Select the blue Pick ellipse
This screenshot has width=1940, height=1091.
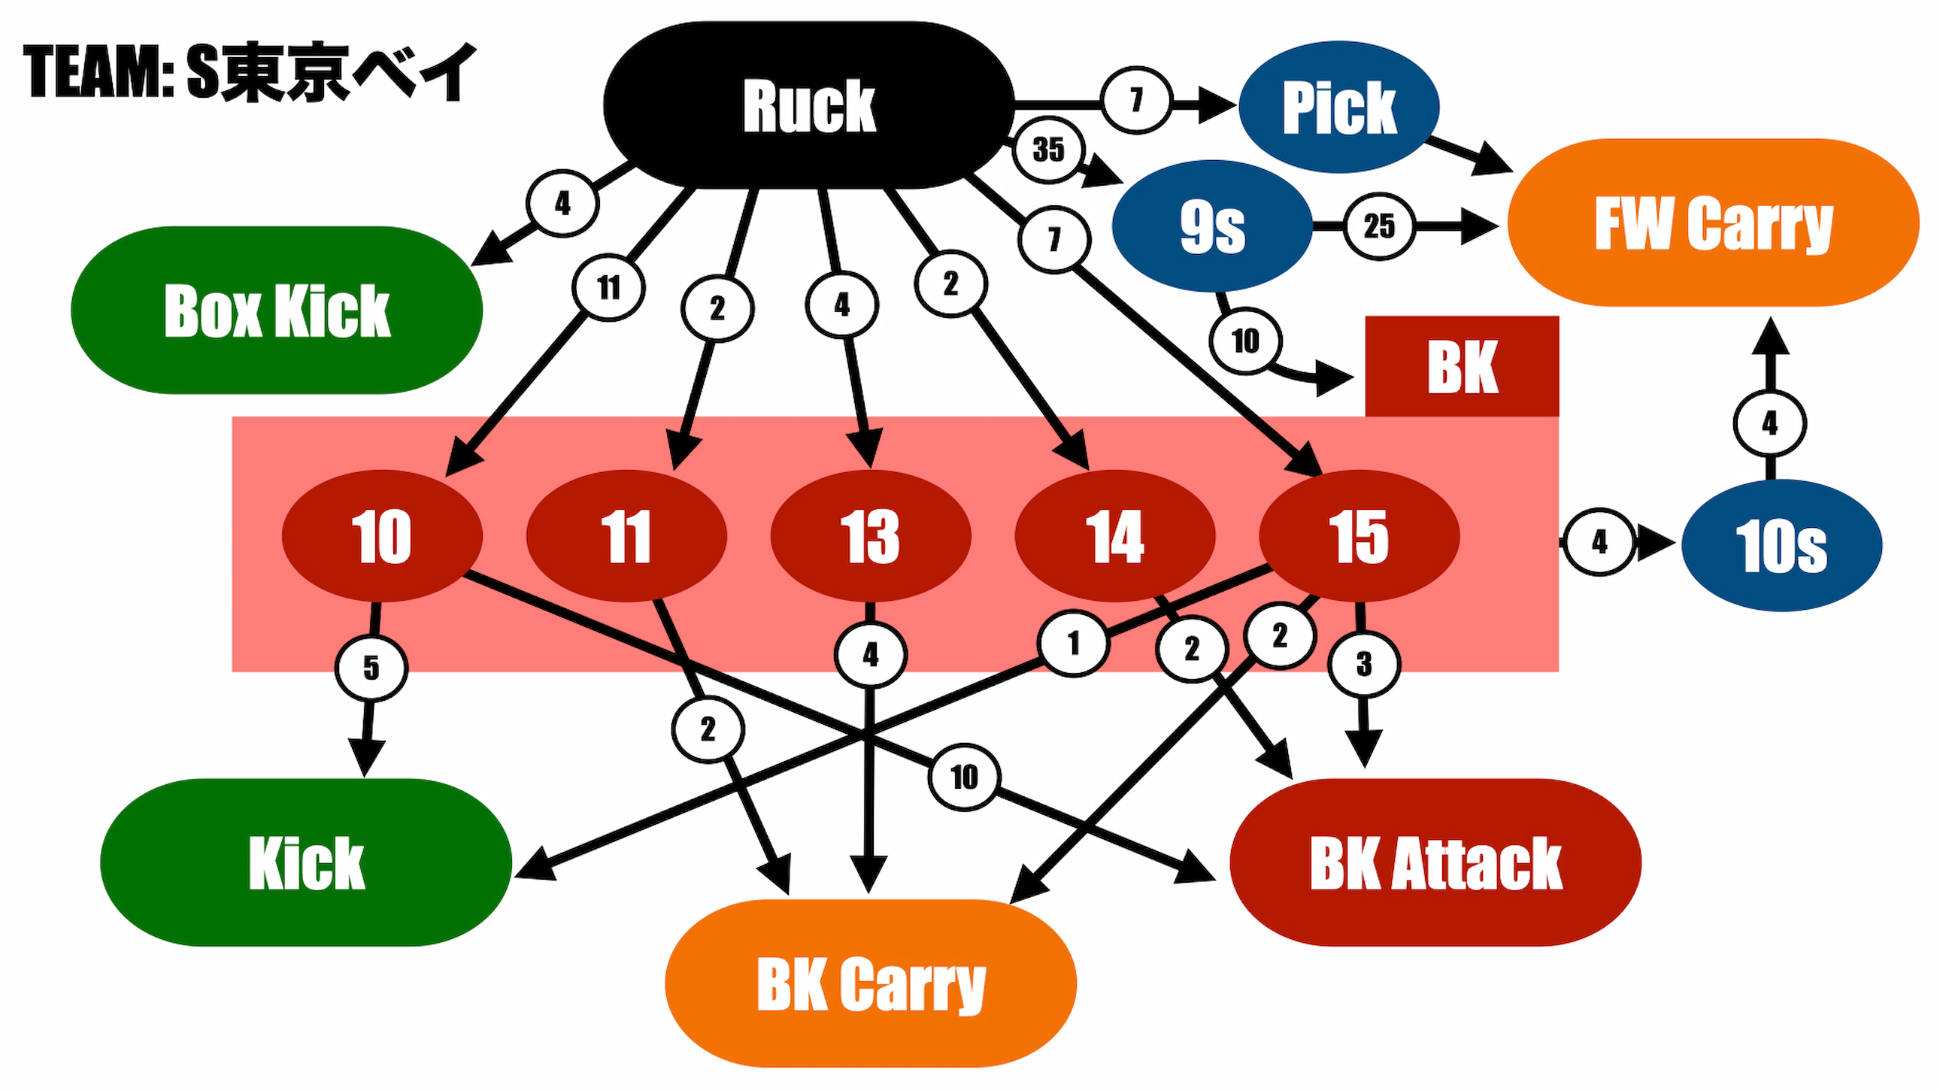(x=1338, y=107)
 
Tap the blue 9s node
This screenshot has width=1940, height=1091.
(x=1211, y=226)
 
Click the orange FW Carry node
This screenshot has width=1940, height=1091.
(x=1713, y=223)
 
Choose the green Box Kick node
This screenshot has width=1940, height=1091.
(x=277, y=311)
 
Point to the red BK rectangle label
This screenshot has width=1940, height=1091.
(x=1462, y=367)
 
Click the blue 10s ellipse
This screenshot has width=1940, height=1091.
(x=1781, y=545)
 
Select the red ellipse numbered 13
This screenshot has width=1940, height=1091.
(x=870, y=536)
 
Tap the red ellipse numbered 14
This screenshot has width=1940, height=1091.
(x=1114, y=536)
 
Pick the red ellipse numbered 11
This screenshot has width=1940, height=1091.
(x=626, y=536)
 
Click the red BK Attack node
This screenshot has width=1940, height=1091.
(x=1435, y=862)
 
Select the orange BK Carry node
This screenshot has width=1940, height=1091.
(x=871, y=983)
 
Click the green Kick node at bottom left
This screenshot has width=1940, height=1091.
(x=306, y=862)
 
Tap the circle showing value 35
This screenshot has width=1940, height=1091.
(x=1048, y=150)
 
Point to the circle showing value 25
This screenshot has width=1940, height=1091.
(x=1379, y=226)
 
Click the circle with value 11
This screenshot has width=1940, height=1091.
(x=608, y=287)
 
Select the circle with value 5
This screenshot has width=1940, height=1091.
(x=371, y=668)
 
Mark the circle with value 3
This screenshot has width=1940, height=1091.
(x=1364, y=664)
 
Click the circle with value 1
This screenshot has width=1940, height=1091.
(x=1073, y=643)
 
